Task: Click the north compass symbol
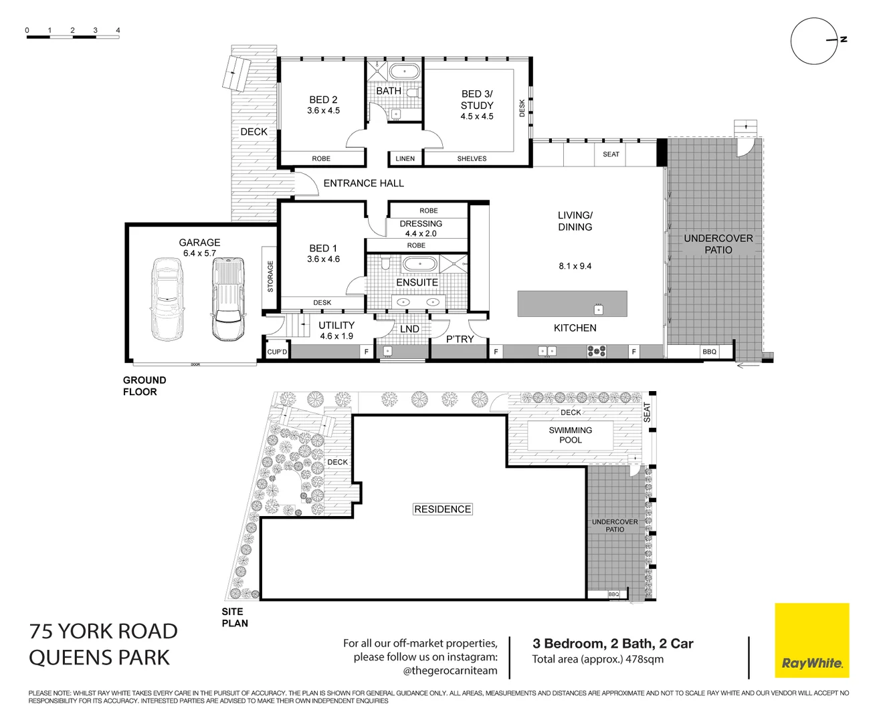click(x=814, y=41)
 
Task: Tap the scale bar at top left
click(x=73, y=37)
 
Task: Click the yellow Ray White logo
click(x=811, y=640)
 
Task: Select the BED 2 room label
click(x=323, y=100)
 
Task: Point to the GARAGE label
click(x=199, y=243)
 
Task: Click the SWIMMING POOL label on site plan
click(x=571, y=435)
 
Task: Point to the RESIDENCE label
click(x=442, y=509)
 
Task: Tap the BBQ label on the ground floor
click(x=709, y=352)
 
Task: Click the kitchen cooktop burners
click(x=596, y=351)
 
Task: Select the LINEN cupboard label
click(x=405, y=159)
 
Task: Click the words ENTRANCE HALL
click(x=363, y=183)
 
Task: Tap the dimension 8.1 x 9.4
click(x=575, y=266)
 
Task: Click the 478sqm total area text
click(x=644, y=659)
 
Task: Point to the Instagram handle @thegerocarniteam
click(x=450, y=671)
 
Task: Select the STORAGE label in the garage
click(x=270, y=276)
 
